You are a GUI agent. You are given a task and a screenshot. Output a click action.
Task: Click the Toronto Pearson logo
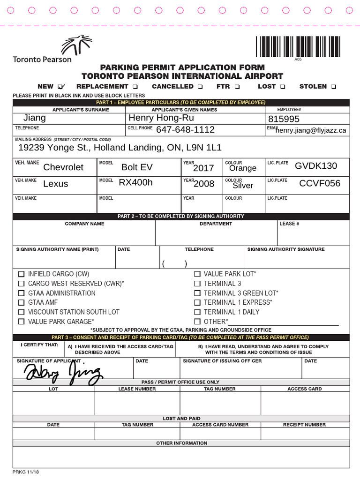[x=42, y=49]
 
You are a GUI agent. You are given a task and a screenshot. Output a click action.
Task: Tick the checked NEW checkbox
[x=61, y=87]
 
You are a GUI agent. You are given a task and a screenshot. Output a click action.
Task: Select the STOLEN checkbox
[x=333, y=87]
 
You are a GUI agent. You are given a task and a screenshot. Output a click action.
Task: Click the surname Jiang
[x=35, y=118]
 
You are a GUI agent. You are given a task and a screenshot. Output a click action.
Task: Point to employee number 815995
[x=284, y=119]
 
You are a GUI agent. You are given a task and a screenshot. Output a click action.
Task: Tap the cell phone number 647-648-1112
[x=185, y=130]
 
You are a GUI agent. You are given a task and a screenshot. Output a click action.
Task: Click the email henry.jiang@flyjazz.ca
[x=311, y=130]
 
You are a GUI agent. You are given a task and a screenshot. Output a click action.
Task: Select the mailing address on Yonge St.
[x=120, y=148]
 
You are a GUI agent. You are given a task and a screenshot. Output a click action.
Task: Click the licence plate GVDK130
[x=315, y=166]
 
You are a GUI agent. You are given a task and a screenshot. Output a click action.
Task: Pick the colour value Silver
[x=243, y=186]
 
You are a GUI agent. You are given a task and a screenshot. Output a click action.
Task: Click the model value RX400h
[x=135, y=183]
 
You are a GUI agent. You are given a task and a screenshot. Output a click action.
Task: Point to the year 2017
[x=203, y=168]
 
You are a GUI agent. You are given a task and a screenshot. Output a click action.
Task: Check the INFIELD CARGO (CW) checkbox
[x=21, y=274]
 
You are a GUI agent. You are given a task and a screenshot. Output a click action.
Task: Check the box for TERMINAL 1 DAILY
[x=197, y=312]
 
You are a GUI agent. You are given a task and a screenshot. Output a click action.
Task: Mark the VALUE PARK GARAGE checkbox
[x=21, y=322]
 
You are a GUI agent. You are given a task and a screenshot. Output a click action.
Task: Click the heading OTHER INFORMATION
[x=181, y=443]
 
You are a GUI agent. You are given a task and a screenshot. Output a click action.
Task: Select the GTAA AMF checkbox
[x=21, y=303]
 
